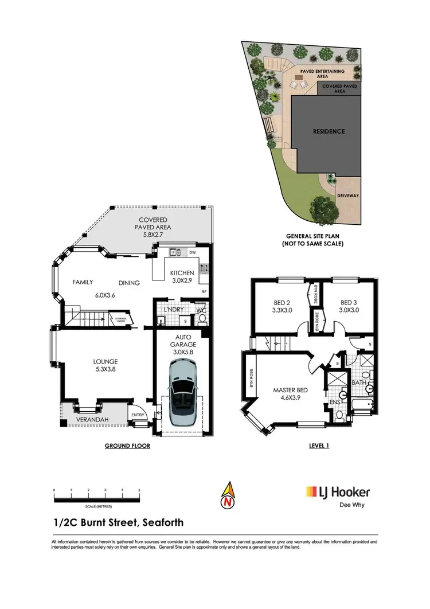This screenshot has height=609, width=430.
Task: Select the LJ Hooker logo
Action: tap(338, 492)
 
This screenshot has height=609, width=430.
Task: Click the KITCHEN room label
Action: tap(182, 272)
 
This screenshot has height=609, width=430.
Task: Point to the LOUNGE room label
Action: tap(105, 361)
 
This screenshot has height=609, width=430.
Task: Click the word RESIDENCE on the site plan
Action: tap(329, 131)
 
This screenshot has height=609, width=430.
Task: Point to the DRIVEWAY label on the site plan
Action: tap(347, 196)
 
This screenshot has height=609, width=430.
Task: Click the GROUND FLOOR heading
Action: tap(127, 446)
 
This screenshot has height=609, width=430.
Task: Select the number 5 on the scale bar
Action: tap(139, 490)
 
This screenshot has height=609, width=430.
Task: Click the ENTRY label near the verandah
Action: tap(138, 415)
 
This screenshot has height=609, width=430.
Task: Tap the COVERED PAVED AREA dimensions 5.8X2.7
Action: tap(152, 234)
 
